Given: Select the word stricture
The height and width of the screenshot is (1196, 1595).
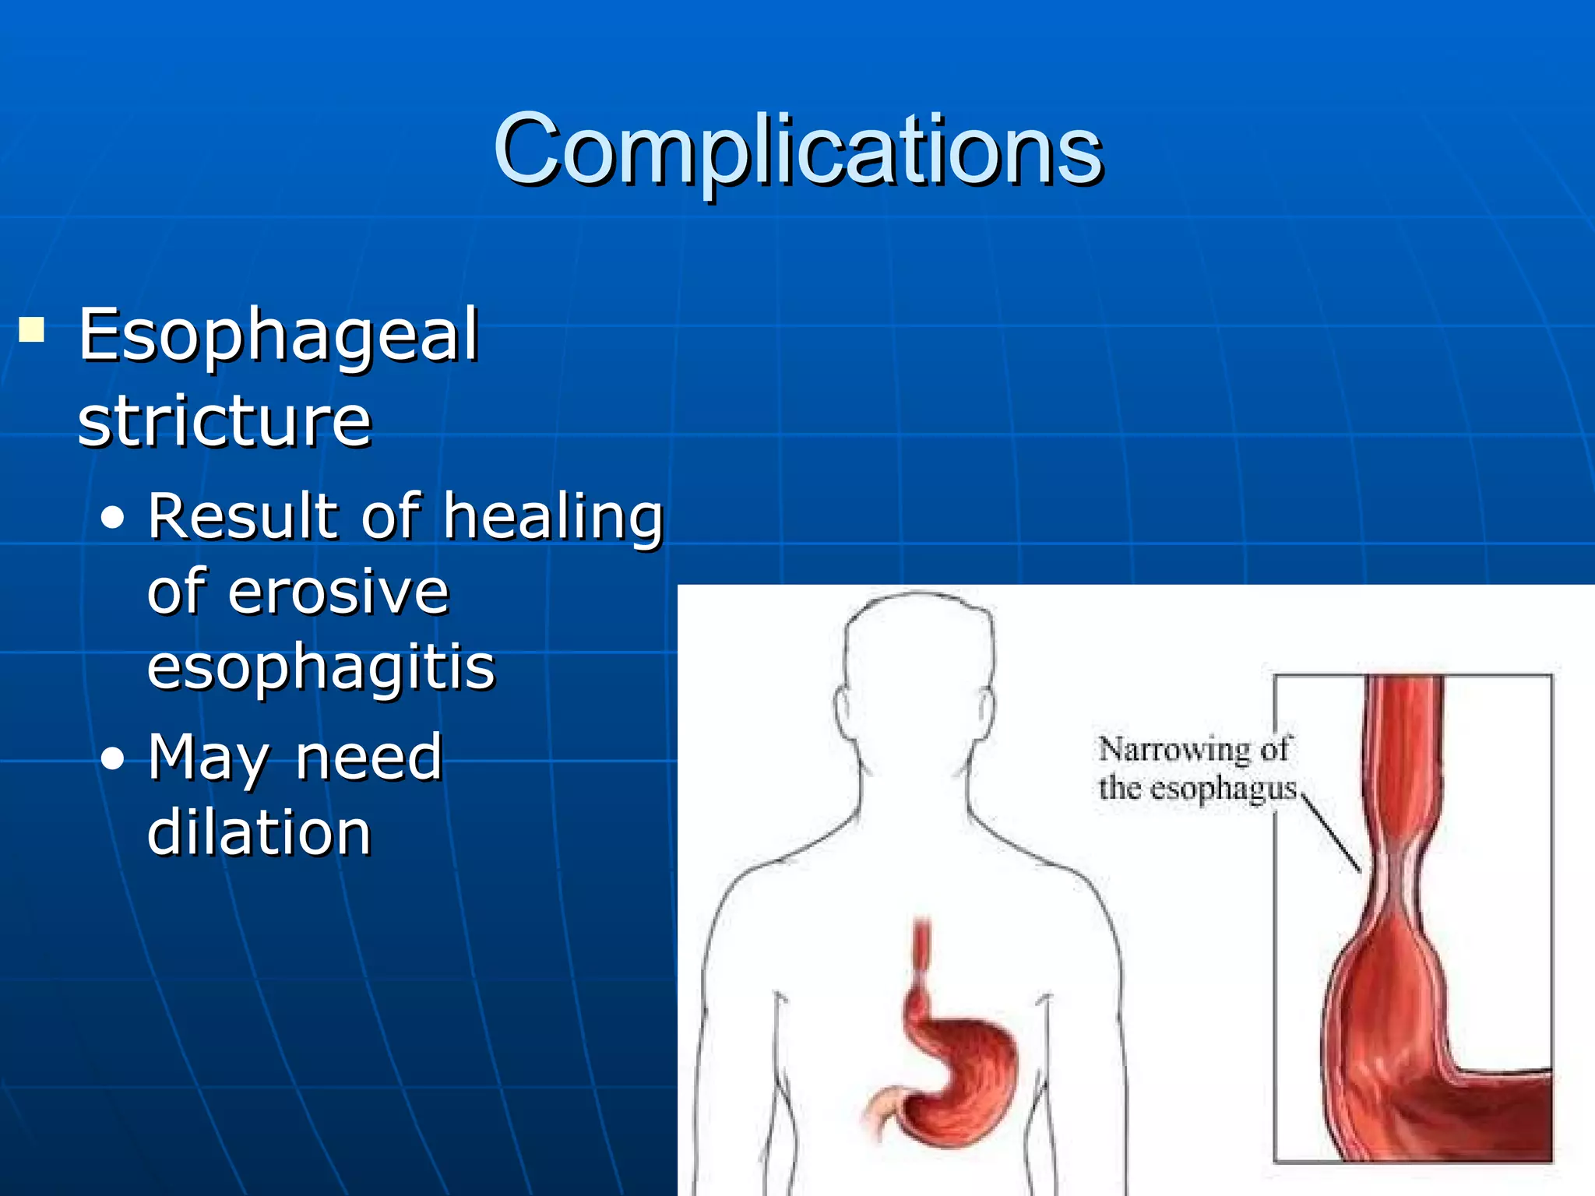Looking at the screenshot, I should [224, 421].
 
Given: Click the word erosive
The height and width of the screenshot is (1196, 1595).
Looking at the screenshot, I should [339, 592].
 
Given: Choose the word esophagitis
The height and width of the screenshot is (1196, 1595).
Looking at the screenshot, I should [321, 668].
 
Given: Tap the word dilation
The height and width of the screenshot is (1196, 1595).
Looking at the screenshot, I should [259, 832].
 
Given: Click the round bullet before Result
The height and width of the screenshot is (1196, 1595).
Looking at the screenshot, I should [113, 519].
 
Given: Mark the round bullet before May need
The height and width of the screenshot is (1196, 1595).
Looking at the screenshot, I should [113, 759].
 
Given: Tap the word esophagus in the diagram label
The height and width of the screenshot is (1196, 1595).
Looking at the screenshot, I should [1223, 789].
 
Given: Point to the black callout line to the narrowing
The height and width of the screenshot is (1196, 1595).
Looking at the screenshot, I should [1332, 832].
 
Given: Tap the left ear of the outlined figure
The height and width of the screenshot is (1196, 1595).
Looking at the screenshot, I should [843, 709].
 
